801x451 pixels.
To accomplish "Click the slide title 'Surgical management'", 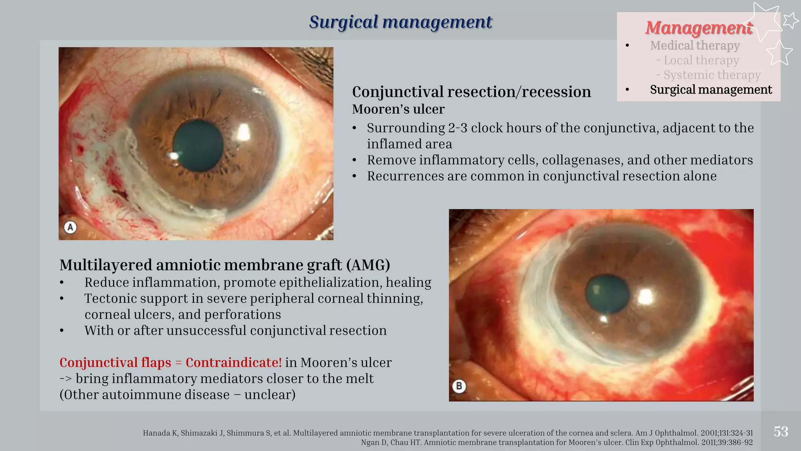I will [400, 22].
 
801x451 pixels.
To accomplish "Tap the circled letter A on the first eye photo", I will [70, 227].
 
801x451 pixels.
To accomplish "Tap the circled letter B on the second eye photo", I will [459, 386].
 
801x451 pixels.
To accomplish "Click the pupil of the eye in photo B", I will [607, 294].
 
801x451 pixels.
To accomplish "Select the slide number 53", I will [781, 432].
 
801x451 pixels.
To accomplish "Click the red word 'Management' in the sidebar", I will [699, 28].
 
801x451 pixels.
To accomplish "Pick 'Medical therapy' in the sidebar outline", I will [695, 45].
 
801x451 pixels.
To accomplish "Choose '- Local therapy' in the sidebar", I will [698, 60].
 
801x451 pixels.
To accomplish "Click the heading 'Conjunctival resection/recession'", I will [471, 92].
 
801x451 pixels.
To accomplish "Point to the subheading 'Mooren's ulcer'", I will [398, 109].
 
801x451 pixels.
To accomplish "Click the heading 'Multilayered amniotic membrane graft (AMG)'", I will [225, 265].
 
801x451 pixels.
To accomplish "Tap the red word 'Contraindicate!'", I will [233, 363].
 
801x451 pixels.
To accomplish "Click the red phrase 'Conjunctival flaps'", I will [115, 363].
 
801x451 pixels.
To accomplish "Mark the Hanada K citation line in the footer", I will [447, 433].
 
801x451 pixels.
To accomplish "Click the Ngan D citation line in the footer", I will [557, 443].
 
